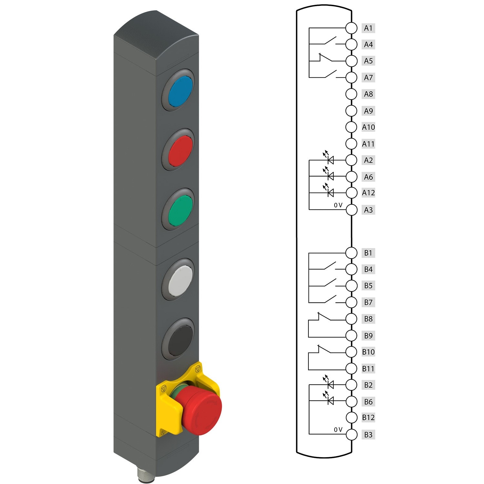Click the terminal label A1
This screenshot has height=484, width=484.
coord(368,28)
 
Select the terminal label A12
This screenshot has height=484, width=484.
coord(368,193)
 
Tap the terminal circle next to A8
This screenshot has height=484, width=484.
coord(351,94)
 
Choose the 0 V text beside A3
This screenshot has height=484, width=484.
coord(338,205)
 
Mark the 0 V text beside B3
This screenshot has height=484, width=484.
coord(338,430)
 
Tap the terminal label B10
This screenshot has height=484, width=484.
coord(368,352)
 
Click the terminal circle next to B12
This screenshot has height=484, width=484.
coord(351,418)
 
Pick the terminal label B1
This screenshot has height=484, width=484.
coord(368,253)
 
